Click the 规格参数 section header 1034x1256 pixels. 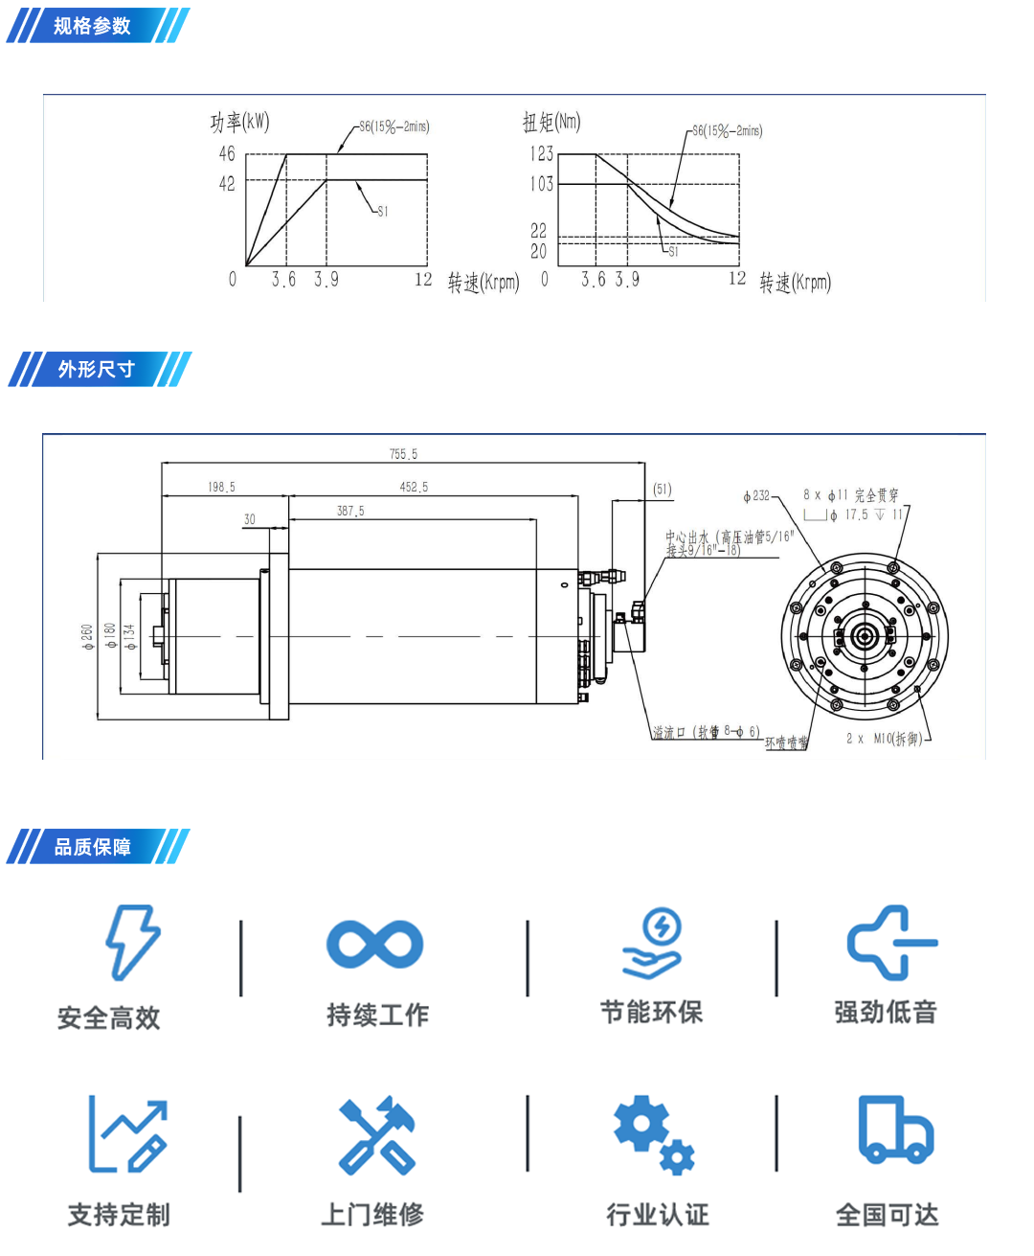(x=93, y=26)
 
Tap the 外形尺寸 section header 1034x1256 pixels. (x=96, y=369)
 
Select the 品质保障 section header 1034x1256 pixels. (x=93, y=847)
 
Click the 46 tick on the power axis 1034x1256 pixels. (x=227, y=153)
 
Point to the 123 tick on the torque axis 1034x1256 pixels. (x=542, y=153)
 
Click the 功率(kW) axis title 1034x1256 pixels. (x=240, y=122)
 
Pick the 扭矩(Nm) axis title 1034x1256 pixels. (x=551, y=122)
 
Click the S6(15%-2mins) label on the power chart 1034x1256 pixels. (x=393, y=126)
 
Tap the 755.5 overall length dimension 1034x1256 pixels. (x=403, y=454)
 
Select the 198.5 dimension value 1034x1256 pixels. (x=221, y=488)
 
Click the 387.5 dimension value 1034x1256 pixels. (x=350, y=512)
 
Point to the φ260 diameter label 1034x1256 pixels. (x=87, y=636)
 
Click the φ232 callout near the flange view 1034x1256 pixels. (x=756, y=496)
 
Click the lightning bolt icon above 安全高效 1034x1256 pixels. (x=132, y=943)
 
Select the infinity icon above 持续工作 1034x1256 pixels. (x=374, y=945)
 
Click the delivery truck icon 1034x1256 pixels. (x=895, y=1130)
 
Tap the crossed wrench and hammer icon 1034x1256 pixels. (x=377, y=1135)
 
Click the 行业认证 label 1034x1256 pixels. (x=658, y=1215)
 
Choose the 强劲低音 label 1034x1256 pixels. (x=886, y=1012)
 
